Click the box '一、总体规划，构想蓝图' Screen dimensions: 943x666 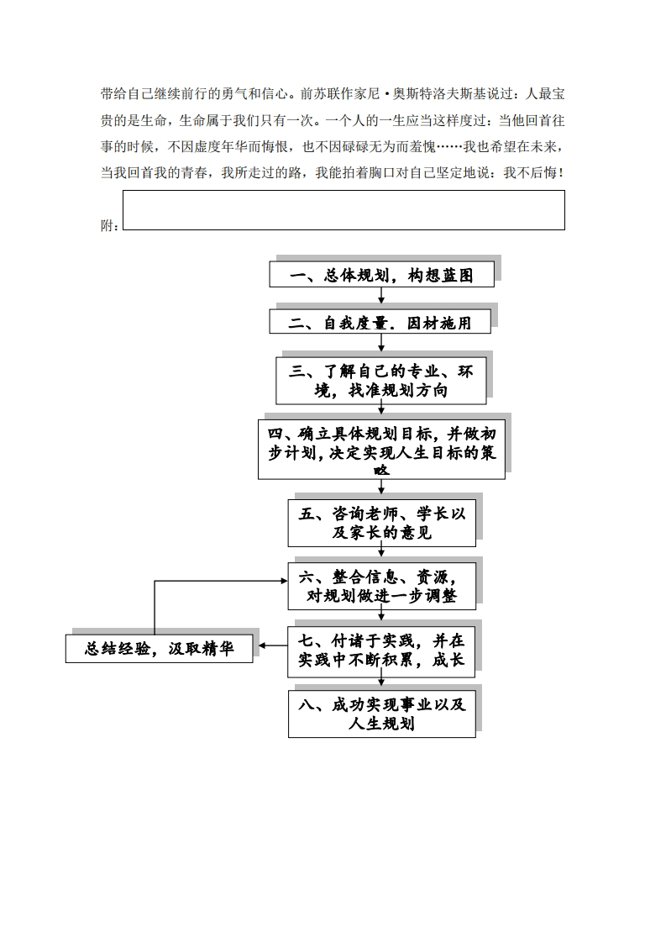[381, 275]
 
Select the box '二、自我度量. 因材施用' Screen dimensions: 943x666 [380, 322]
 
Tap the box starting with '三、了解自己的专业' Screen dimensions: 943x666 [381, 381]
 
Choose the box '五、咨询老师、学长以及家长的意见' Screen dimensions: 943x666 [381, 522]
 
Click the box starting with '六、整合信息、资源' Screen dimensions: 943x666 [381, 586]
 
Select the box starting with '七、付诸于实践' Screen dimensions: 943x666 [381, 649]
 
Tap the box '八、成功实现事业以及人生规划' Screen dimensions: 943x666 [381, 714]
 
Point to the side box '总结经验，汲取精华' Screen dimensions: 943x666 [159, 649]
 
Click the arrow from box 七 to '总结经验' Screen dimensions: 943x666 [272, 645]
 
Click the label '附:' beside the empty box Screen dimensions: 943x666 [109, 225]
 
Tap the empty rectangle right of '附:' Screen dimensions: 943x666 [343, 210]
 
